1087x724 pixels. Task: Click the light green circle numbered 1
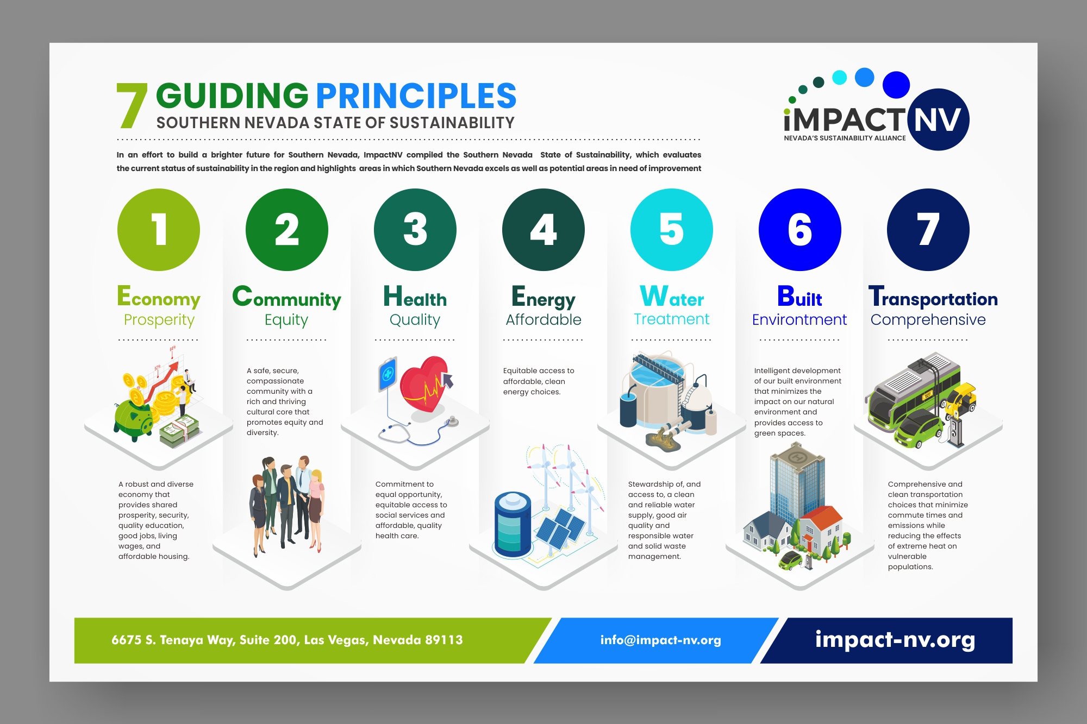click(x=159, y=230)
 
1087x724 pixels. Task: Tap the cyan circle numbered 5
click(x=672, y=230)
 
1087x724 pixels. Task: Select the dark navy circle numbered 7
click(x=928, y=230)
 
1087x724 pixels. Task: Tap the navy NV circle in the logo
click(x=938, y=119)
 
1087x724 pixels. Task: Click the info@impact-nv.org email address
click(x=661, y=640)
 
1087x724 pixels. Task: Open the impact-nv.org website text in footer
click(x=895, y=640)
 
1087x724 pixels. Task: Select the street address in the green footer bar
click(x=287, y=640)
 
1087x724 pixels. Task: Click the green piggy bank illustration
click(x=133, y=420)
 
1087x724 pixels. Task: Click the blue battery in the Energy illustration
click(x=513, y=524)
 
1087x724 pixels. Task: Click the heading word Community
click(x=287, y=298)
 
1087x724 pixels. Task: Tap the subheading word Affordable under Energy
click(x=543, y=319)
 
